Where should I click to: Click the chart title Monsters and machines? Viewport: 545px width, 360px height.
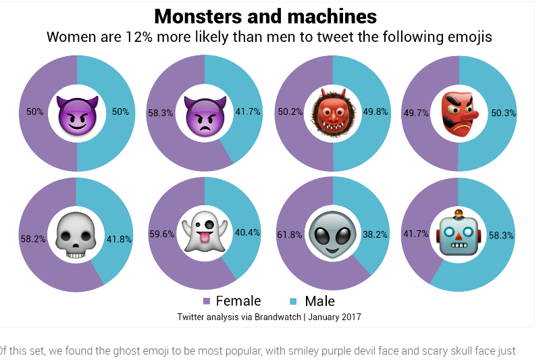click(265, 16)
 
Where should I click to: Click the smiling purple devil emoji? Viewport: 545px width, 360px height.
click(76, 113)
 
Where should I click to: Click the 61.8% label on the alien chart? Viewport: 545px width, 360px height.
click(290, 235)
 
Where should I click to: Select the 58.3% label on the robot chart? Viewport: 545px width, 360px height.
click(501, 235)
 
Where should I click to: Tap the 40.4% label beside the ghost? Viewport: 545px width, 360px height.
click(247, 232)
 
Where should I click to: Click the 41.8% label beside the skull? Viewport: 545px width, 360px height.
click(119, 238)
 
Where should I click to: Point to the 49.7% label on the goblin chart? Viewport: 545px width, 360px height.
click(415, 113)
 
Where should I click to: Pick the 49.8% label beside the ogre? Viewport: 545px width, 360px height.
click(375, 112)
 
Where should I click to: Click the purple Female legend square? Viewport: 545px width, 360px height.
click(207, 301)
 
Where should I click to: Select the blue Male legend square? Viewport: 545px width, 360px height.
click(293, 301)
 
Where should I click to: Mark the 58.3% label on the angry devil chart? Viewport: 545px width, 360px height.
click(161, 113)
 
